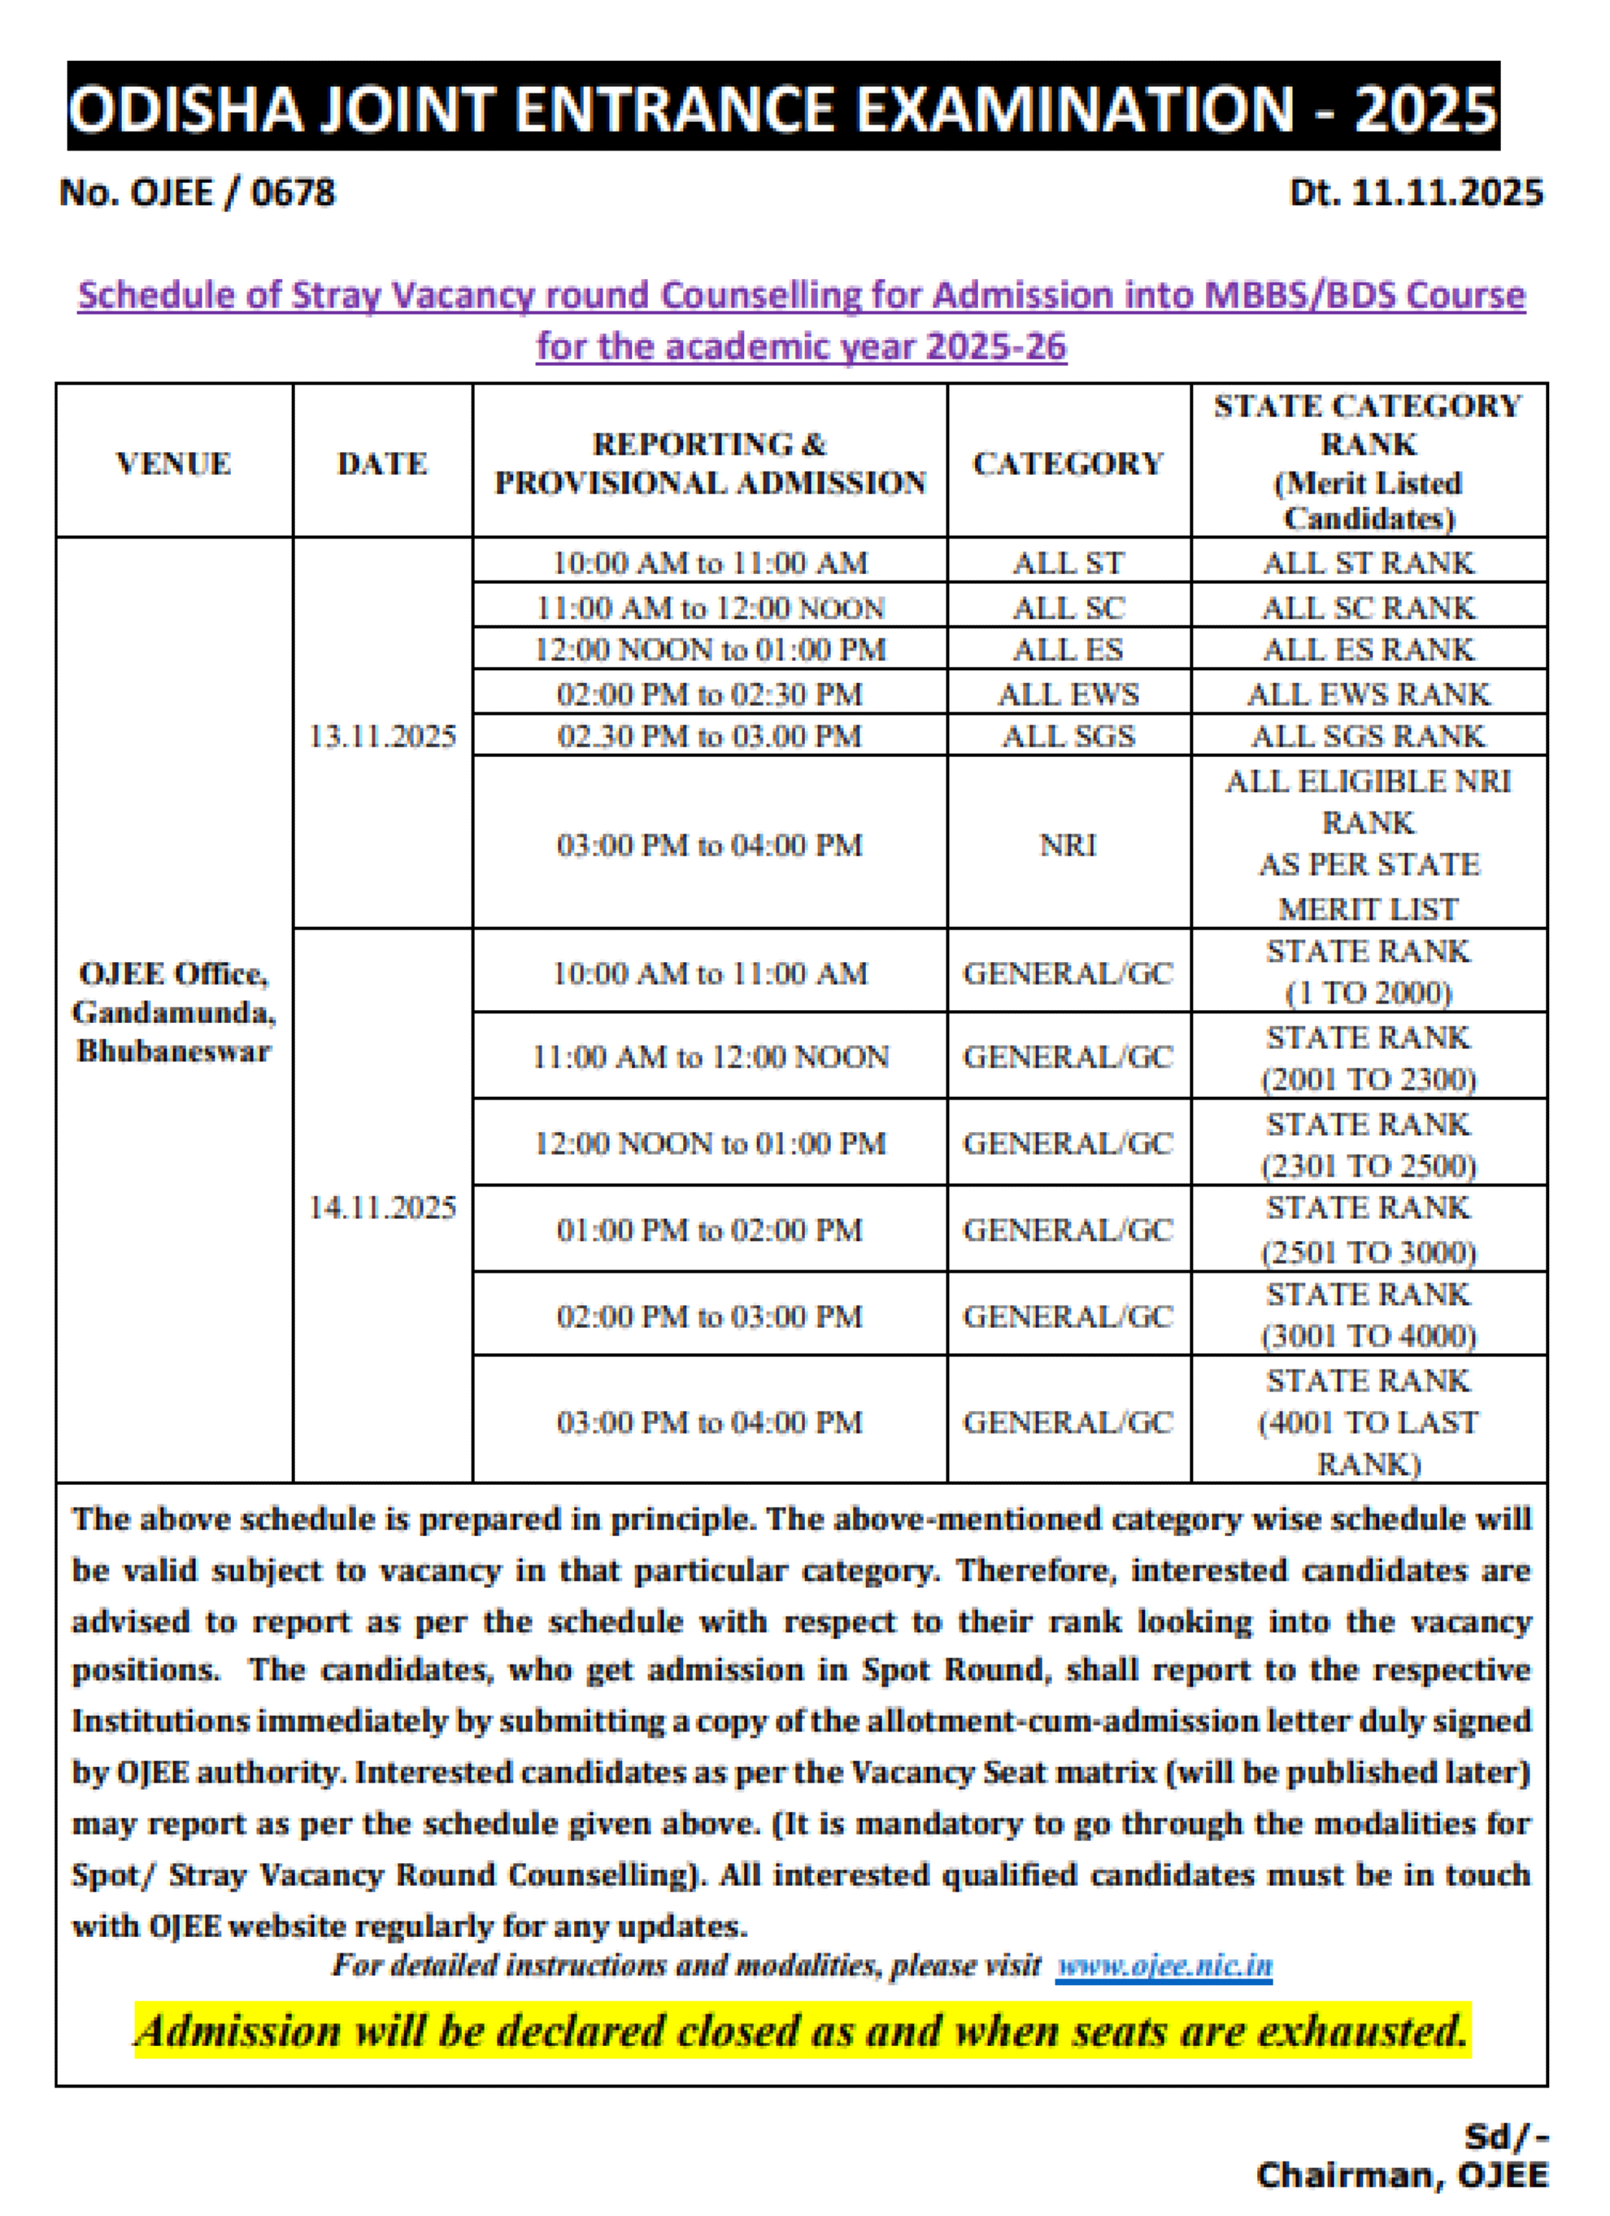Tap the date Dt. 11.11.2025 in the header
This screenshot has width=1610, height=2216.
pos(1416,193)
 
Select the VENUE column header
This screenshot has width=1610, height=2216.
pos(174,464)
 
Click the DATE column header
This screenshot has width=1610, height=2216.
pos(382,464)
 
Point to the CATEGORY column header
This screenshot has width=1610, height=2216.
pos(1068,464)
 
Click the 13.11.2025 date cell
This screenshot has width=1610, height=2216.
pos(382,736)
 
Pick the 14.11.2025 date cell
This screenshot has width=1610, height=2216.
pos(382,1208)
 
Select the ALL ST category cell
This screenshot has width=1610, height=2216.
pos(1068,563)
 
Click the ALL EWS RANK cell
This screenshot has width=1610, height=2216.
pos(1368,694)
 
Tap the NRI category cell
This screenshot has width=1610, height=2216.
pos(1068,844)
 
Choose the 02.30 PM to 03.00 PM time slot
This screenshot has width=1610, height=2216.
pos(709,736)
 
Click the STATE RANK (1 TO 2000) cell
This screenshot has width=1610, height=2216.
pos(1368,972)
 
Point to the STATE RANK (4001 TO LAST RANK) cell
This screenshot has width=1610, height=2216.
pos(1368,1421)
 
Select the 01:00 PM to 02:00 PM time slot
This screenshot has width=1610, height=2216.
pos(709,1229)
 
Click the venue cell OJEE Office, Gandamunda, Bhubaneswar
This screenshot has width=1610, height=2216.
pos(174,1012)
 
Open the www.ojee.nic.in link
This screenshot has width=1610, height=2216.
pos(1164,1965)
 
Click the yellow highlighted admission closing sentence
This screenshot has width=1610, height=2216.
pos(802,2031)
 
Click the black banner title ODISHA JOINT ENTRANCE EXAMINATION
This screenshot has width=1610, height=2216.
pos(782,107)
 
